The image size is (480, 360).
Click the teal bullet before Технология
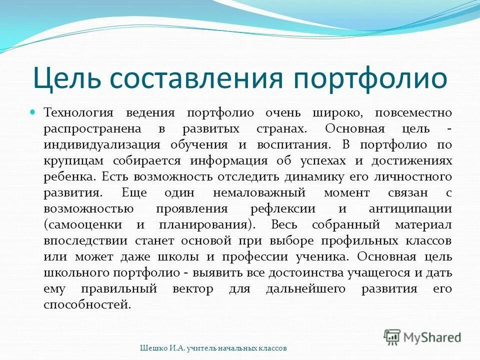point(34,113)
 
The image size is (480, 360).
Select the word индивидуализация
point(101,145)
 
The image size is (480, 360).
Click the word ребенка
point(69,177)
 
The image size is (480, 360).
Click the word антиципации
point(411,209)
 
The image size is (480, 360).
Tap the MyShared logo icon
point(392,337)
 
